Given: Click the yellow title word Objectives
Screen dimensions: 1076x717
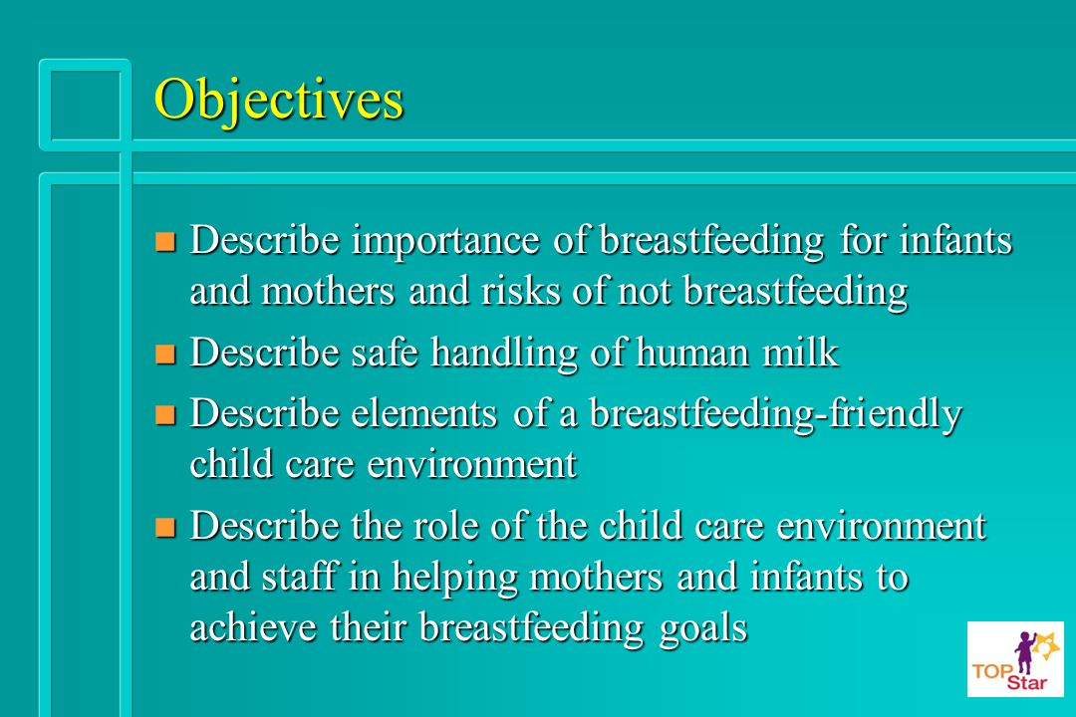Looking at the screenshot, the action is tap(279, 101).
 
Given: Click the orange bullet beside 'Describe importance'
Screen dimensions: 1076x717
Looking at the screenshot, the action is tap(165, 242).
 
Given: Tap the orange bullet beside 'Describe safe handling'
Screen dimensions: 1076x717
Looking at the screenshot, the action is tap(165, 355).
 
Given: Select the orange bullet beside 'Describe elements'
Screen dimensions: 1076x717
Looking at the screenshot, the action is tap(165, 415).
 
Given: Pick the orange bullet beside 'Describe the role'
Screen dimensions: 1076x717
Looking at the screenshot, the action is tap(165, 527).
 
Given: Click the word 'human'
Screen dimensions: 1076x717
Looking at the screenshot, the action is tap(692, 353).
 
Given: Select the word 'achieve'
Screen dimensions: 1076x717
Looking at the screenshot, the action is tap(252, 627).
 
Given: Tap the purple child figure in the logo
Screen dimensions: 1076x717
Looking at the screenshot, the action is tap(1024, 652).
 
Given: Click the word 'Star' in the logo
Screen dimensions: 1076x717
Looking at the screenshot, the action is tap(1026, 682).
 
